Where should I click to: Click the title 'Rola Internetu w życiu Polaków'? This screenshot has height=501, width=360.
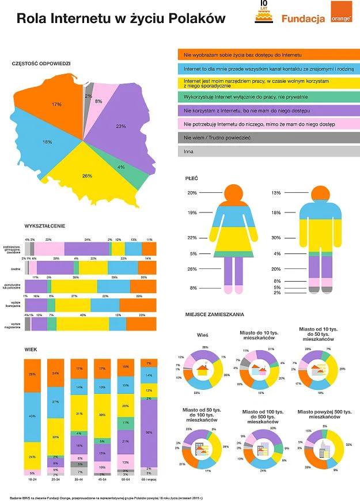coord(121,19)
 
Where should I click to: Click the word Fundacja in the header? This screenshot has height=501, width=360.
coord(304,19)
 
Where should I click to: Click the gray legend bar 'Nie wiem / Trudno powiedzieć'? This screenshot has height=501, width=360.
coord(269,138)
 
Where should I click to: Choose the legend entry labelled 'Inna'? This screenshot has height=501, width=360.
coord(269,151)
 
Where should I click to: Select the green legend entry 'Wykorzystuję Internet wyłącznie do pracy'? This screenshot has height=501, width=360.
coord(269,96)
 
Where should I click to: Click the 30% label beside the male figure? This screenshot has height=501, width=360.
coord(276,238)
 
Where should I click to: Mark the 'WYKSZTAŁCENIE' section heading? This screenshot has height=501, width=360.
coord(45,225)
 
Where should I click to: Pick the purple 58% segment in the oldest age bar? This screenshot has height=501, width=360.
coord(149,432)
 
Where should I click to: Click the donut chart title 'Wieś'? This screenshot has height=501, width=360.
coord(202,334)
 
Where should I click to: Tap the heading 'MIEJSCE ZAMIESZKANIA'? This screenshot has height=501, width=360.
coord(215,314)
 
